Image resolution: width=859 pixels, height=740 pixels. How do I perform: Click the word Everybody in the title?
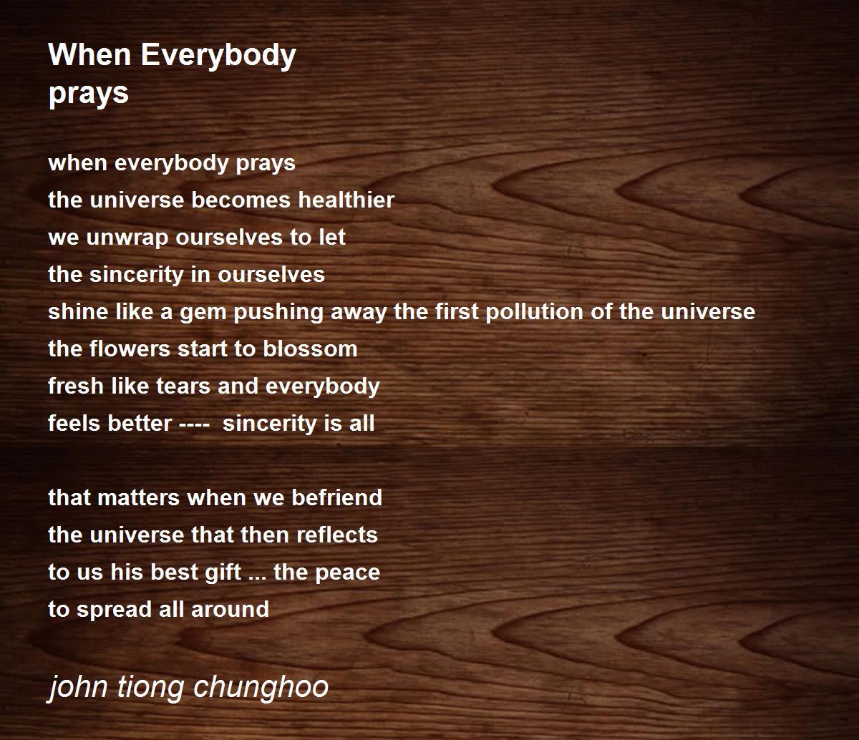(x=218, y=56)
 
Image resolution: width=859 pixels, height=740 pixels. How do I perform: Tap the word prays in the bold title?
(x=89, y=94)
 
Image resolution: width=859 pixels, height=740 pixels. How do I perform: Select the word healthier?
(x=346, y=200)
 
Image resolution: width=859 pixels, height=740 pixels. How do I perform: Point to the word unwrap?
(x=127, y=238)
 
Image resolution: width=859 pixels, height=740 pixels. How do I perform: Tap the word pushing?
(x=278, y=312)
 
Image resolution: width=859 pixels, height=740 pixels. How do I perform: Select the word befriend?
(x=336, y=497)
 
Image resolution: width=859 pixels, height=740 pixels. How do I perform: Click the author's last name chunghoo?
(x=261, y=686)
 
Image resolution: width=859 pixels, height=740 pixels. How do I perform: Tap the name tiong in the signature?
(x=150, y=686)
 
